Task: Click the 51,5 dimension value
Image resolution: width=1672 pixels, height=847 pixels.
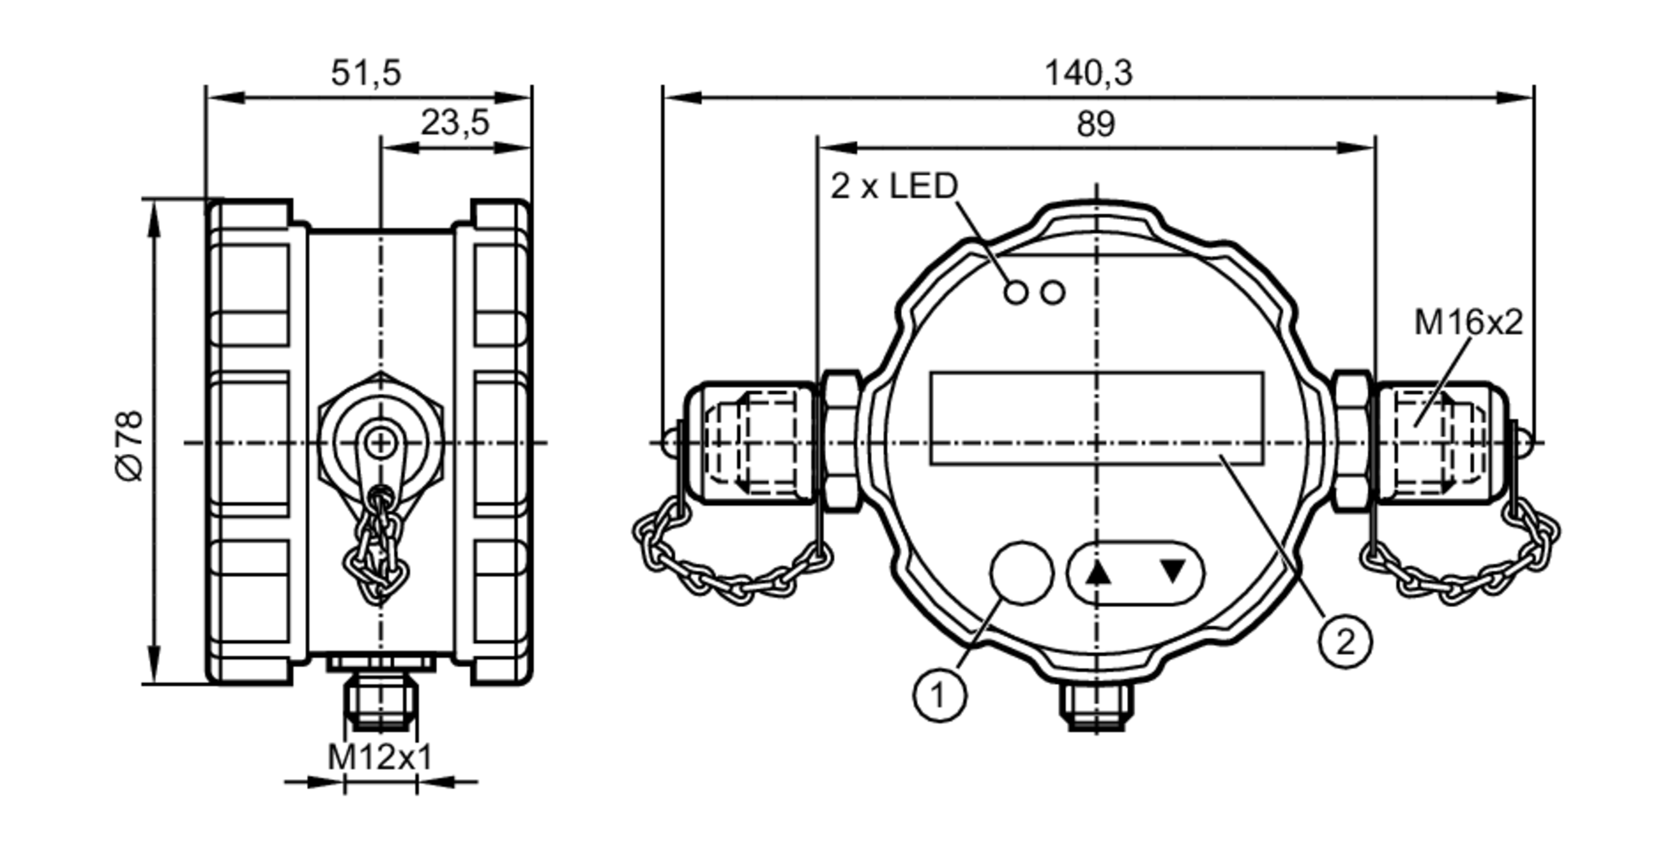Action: pos(366,73)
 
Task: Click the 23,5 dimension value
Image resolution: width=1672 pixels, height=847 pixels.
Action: pos(454,123)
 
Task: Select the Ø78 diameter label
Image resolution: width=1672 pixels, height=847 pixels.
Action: pos(130,445)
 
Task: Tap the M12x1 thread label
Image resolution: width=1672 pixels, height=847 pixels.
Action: pos(380,758)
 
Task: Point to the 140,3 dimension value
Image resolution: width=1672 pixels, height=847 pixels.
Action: pos(1088,73)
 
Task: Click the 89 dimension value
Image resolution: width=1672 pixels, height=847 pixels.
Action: pos(1095,124)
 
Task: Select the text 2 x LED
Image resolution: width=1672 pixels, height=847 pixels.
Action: pos(894,186)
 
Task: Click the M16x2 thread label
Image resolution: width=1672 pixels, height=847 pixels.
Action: pos(1468,322)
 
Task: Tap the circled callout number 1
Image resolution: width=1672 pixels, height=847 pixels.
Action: pos(940,694)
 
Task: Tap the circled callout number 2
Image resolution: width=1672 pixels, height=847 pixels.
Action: pos(1345,642)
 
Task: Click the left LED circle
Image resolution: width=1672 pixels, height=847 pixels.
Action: pos(1016,293)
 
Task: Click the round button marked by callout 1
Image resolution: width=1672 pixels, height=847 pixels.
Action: pos(1021,572)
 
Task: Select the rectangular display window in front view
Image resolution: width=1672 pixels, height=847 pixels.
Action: pos(1096,418)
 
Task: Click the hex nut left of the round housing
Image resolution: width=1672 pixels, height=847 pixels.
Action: pos(840,441)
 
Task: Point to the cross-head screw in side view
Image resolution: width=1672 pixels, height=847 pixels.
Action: pos(380,442)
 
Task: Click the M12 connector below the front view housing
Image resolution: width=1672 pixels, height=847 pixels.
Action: pos(1096,707)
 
